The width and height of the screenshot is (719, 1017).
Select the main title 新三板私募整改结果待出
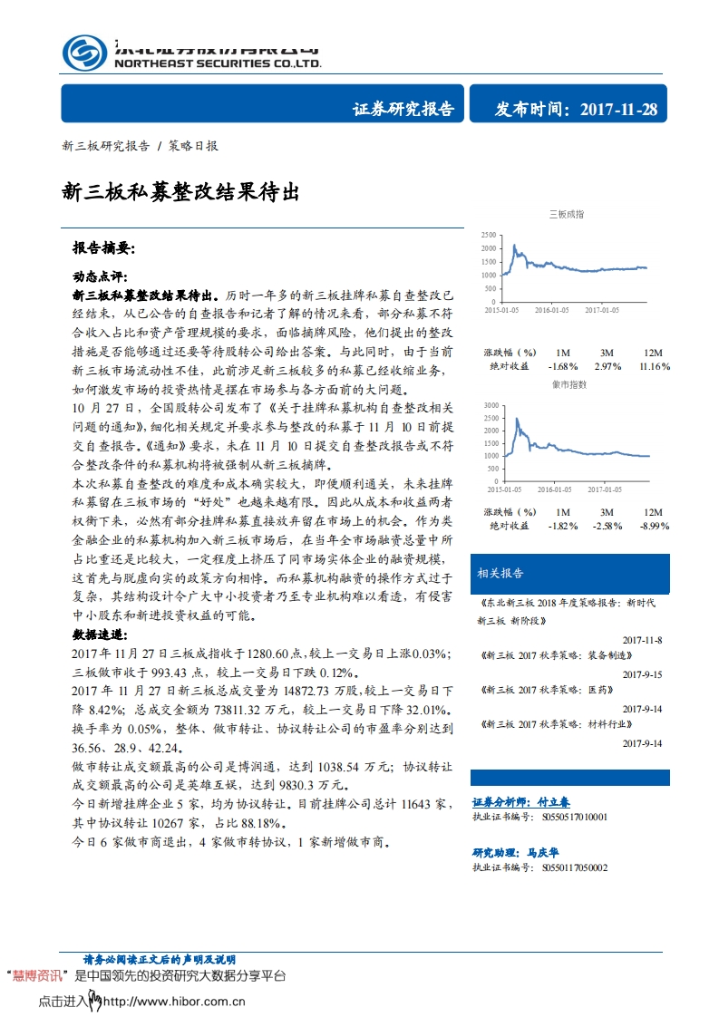180,191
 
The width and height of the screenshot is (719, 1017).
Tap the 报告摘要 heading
103,247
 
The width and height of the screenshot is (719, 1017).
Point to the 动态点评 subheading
100,276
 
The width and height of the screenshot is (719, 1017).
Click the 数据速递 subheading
100,634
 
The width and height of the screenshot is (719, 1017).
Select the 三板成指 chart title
567,215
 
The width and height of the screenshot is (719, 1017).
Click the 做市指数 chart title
567,384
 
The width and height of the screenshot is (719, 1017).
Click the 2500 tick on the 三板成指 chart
489,235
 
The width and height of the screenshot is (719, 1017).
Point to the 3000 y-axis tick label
489,404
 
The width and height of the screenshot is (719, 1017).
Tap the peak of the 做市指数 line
516,418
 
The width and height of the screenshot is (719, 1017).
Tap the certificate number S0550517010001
571,817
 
